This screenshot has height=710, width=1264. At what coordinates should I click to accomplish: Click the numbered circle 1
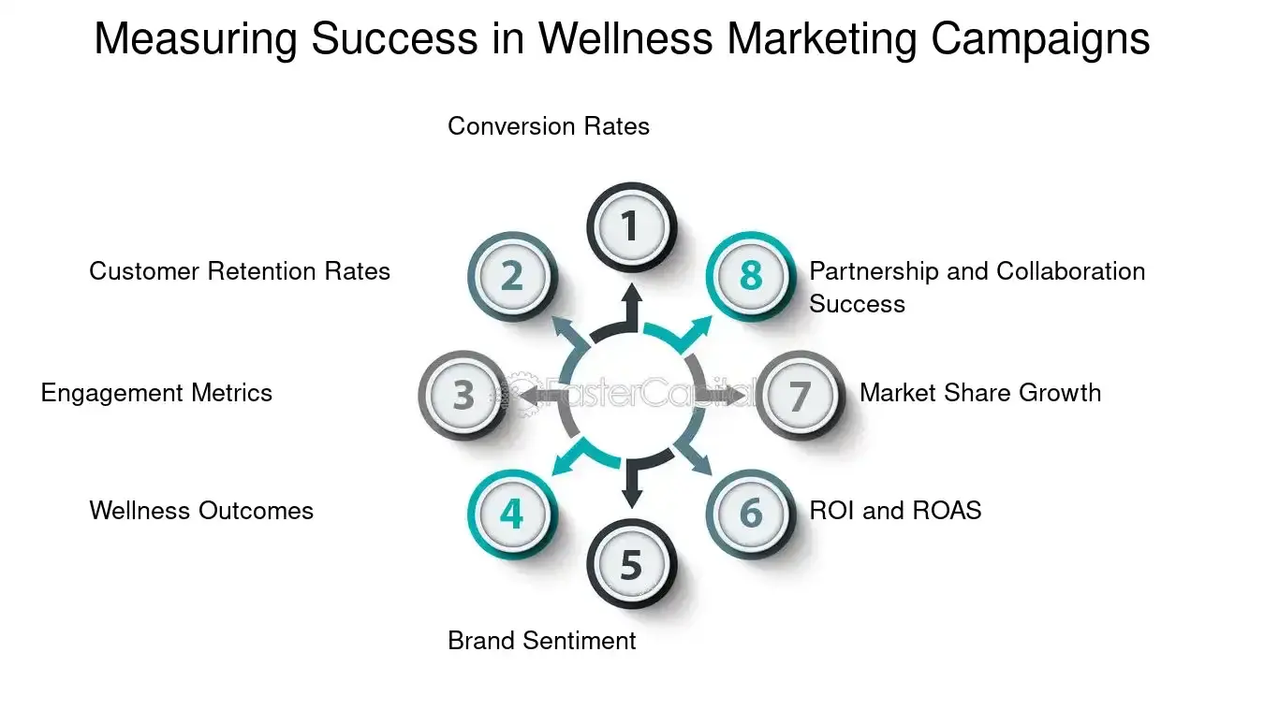pyautogui.click(x=630, y=226)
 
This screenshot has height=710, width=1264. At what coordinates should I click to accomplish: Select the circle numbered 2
pyautogui.click(x=511, y=277)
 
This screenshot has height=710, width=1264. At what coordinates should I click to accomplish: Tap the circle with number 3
pyautogui.click(x=463, y=395)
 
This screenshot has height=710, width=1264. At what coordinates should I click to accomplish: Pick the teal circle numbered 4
pyautogui.click(x=511, y=514)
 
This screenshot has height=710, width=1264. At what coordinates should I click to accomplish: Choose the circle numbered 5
pyautogui.click(x=630, y=564)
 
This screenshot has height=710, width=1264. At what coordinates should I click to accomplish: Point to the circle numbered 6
pyautogui.click(x=750, y=514)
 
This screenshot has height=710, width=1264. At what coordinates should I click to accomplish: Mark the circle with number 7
pyautogui.click(x=799, y=395)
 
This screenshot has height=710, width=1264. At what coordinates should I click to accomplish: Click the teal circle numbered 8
pyautogui.click(x=750, y=277)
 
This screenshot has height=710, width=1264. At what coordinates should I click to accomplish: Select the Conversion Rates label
pyautogui.click(x=549, y=126)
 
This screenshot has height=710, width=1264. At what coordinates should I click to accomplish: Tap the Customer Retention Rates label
pyautogui.click(x=240, y=271)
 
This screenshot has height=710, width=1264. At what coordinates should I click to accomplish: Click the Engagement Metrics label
pyautogui.click(x=156, y=393)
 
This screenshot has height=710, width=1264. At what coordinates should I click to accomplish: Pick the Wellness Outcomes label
pyautogui.click(x=201, y=511)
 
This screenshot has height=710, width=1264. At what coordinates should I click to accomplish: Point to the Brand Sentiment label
pyautogui.click(x=542, y=641)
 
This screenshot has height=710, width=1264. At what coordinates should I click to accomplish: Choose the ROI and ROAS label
pyautogui.click(x=895, y=511)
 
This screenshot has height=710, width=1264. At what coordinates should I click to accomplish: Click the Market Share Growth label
pyautogui.click(x=980, y=393)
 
